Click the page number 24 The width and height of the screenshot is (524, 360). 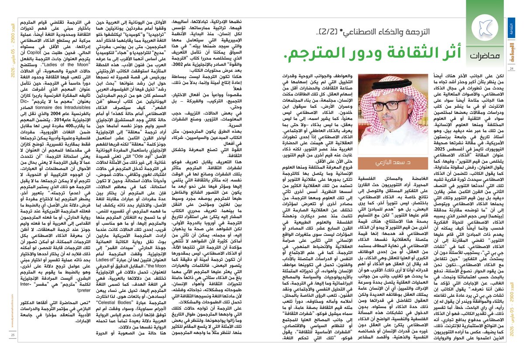[512, 69]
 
